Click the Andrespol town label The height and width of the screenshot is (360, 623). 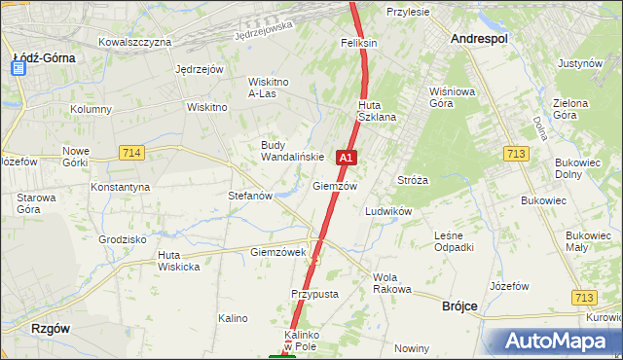point(480,38)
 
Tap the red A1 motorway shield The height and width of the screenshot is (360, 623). point(346,156)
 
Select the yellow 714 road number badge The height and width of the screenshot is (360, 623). point(131,153)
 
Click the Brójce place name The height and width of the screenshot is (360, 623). point(459,306)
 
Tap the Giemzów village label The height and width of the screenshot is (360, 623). point(335,186)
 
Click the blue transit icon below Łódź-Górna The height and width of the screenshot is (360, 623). point(19,68)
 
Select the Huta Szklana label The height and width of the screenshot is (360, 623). point(377,111)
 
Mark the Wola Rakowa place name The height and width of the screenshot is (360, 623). point(392,283)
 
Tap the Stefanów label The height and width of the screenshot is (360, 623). point(249,196)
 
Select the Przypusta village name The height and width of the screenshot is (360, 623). point(313,293)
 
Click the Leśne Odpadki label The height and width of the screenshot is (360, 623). point(454,240)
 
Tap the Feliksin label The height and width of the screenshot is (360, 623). point(358,44)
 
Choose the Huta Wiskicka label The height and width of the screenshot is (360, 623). point(178,261)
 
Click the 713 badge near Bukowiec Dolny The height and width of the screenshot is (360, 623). point(517,153)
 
